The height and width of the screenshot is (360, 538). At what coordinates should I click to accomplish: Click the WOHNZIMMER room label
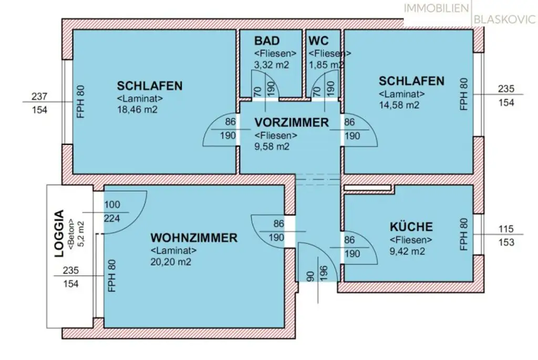193,238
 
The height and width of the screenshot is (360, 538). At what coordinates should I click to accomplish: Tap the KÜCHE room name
411,227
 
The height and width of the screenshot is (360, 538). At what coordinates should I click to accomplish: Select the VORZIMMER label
291,123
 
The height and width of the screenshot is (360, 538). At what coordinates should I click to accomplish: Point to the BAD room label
267,41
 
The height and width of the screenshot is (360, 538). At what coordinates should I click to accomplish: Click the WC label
319,41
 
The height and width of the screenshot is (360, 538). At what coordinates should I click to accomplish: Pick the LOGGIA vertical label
59,234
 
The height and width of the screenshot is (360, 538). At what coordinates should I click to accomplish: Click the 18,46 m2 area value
137,110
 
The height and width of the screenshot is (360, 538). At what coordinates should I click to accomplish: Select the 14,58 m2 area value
399,105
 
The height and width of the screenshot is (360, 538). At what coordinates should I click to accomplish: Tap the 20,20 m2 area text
171,262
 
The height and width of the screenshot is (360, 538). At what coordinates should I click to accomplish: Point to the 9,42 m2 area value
407,251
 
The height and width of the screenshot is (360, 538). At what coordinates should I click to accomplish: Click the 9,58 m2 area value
272,147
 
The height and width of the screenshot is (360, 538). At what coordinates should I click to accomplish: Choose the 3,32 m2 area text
272,65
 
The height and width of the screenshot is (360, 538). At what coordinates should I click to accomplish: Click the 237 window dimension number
39,97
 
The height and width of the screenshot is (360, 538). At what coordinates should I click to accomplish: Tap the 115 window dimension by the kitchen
506,230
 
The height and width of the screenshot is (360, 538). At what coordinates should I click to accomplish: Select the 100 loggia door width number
112,205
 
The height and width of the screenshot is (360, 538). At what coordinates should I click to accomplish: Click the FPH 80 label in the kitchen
463,235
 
